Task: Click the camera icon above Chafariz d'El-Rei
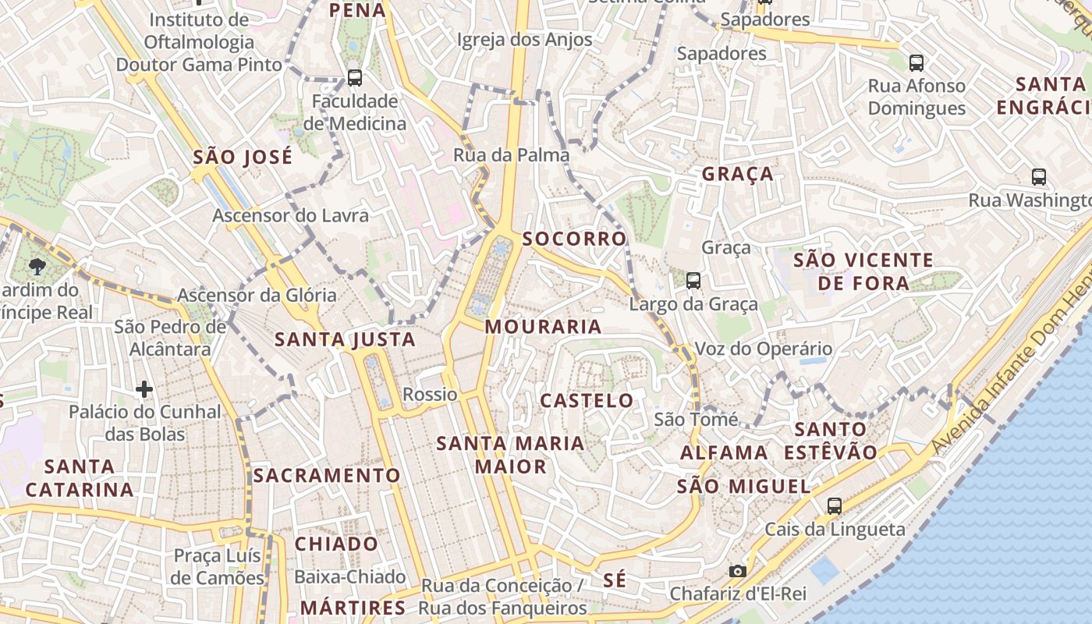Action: (x=737, y=571)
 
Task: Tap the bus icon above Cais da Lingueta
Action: (x=834, y=505)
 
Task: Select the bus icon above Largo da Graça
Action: (x=693, y=280)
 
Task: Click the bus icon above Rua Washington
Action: (x=1038, y=176)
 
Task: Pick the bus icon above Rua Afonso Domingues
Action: (x=916, y=62)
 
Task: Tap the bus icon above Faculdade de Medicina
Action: (x=355, y=77)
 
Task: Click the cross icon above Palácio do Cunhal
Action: (x=144, y=388)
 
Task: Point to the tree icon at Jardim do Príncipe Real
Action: (x=37, y=267)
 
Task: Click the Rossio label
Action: (x=430, y=395)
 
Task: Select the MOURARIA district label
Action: (x=543, y=327)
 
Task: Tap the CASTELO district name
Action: (x=587, y=401)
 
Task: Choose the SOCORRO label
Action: (x=575, y=239)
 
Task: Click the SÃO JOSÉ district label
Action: (x=243, y=157)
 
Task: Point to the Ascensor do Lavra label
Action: (x=290, y=215)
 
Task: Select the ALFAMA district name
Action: (x=724, y=452)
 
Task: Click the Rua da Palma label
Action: (x=512, y=155)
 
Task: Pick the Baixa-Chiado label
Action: (x=350, y=577)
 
